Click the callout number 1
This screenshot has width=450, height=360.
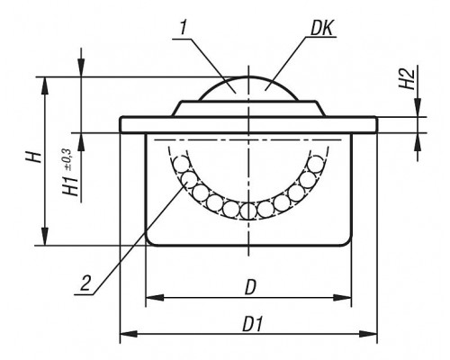pos(184,29)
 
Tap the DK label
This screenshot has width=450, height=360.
pos(321,29)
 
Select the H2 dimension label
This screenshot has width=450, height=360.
pos(407,78)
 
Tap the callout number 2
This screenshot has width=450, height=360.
pos(85,283)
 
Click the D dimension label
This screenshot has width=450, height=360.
pos(250,288)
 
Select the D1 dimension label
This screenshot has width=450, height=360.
pos(252,324)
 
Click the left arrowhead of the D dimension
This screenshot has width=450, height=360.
pos(155,298)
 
